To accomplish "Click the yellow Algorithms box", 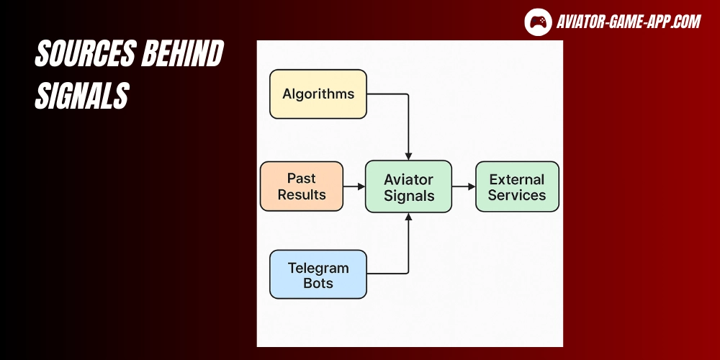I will click(318, 94).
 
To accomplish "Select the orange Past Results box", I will click(302, 186).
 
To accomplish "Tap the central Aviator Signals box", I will click(408, 186).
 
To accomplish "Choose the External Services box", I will click(517, 186).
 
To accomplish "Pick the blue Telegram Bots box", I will click(318, 274).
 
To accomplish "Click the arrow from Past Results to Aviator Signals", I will click(354, 186).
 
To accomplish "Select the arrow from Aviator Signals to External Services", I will click(464, 186).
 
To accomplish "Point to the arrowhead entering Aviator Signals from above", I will click(408, 156).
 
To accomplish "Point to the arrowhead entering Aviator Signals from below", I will click(408, 217).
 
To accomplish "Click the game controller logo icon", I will click(537, 22).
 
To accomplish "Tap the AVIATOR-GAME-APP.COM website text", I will click(628, 22).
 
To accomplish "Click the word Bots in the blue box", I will click(318, 283).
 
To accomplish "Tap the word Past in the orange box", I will click(302, 179).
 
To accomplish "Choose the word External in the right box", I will click(517, 179).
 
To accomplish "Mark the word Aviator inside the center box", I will click(408, 179).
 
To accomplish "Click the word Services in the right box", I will click(517, 195).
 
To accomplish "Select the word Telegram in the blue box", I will click(318, 268).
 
